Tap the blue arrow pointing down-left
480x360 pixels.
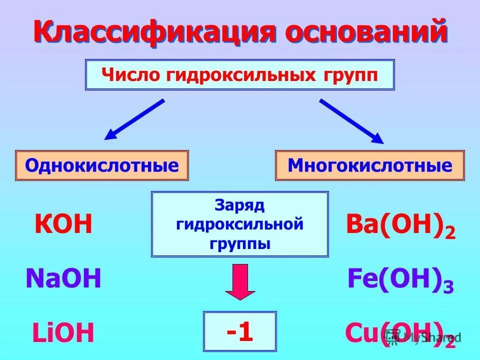pos(134,119)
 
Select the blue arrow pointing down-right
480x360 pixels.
pos(351,121)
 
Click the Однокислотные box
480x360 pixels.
pos(102,165)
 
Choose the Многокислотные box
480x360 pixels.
pos(369,165)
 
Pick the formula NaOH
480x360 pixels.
pos(63,279)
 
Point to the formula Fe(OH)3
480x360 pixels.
pos(400,280)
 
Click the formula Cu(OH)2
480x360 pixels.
pos(400,334)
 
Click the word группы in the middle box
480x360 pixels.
pos(239,244)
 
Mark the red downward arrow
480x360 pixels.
pos(239,281)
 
